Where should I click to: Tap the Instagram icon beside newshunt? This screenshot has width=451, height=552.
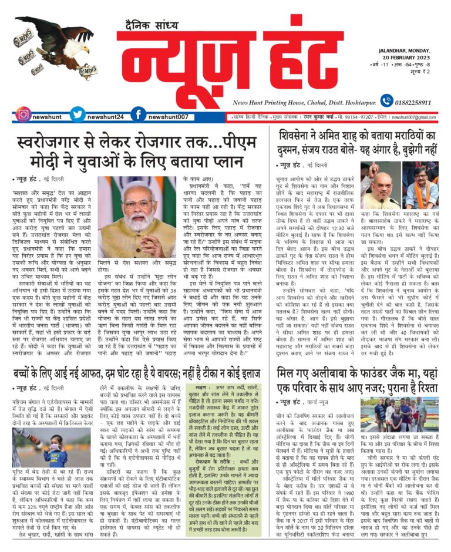pyautogui.click(x=23, y=114)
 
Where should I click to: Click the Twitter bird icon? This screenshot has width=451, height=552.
pyautogui.click(x=78, y=114)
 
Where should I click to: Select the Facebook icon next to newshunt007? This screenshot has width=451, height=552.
pyautogui.click(x=139, y=114)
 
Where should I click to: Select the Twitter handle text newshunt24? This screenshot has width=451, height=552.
pyautogui.click(x=106, y=117)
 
